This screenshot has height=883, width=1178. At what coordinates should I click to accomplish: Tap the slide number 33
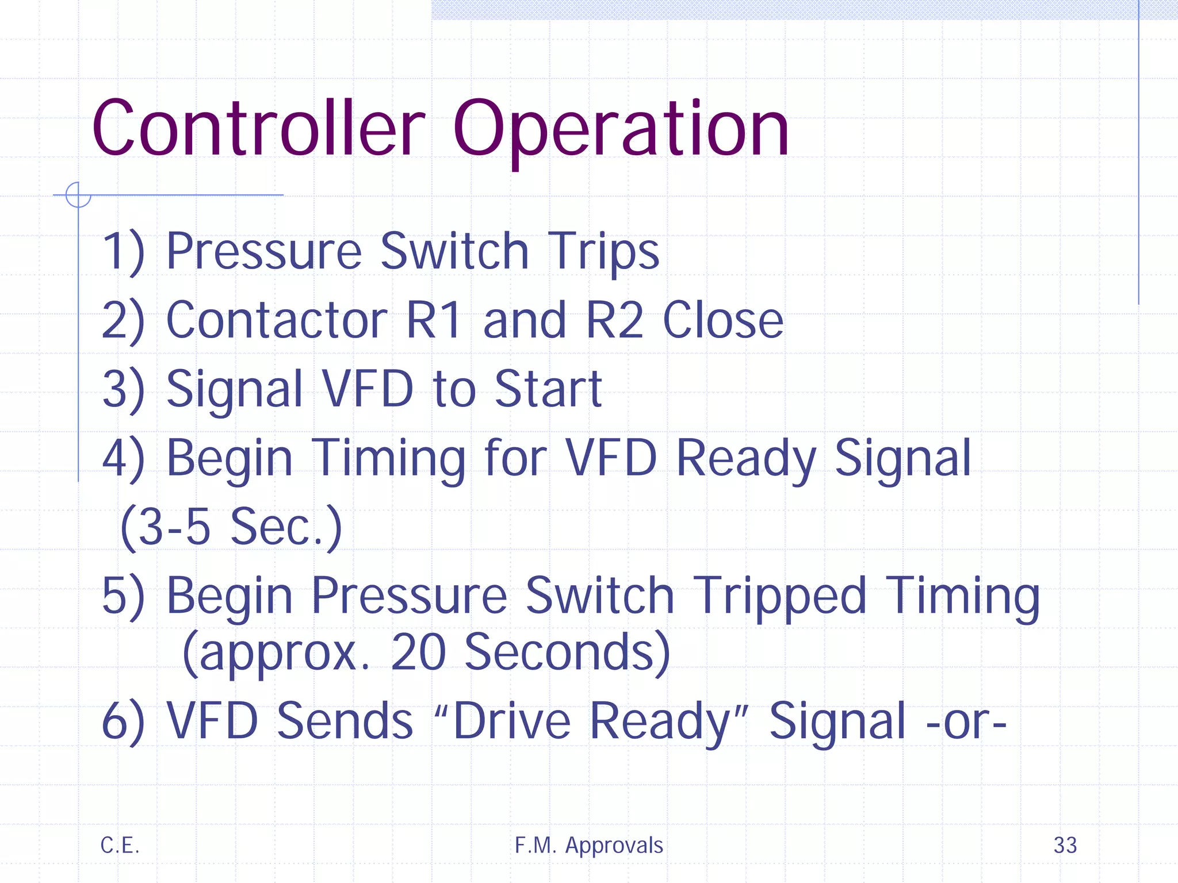pos(1065,845)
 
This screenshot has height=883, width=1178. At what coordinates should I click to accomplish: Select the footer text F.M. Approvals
pos(588,845)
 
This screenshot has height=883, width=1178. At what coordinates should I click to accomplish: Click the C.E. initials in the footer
pos(120,845)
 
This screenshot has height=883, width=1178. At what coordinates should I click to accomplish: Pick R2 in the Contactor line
pos(614,321)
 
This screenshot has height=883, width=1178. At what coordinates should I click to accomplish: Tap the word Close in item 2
pos(722,321)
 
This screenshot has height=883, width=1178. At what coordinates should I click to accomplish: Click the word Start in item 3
pos(548,390)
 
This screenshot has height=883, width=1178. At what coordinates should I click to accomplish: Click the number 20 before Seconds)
pos(418,653)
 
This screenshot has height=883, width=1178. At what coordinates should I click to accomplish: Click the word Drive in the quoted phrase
pos(511,721)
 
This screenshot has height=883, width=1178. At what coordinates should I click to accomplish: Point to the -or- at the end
pos(966,722)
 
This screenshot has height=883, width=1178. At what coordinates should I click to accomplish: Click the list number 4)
pos(123,459)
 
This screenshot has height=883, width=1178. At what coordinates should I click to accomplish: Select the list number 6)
pos(123,721)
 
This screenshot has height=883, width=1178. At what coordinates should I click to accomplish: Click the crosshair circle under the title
pos(78,195)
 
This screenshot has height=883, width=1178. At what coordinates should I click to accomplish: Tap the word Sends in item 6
pos(345,721)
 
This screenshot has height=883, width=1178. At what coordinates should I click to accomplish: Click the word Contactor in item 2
pos(277,321)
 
